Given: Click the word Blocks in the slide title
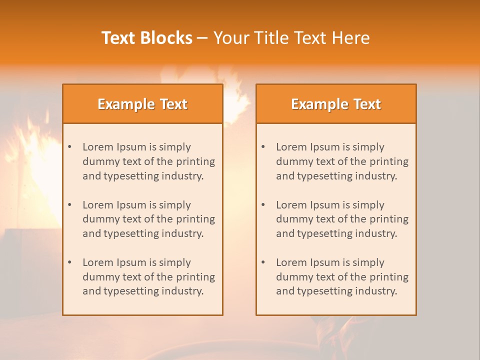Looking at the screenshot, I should (x=168, y=38).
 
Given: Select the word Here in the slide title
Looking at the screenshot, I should (x=352, y=38).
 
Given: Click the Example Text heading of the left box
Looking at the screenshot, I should (x=142, y=104).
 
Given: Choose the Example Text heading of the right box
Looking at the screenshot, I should (x=336, y=104).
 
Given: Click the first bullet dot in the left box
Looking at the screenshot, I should (x=70, y=147).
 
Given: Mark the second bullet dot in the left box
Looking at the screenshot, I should (x=70, y=205).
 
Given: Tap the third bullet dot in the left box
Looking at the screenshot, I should (x=70, y=262).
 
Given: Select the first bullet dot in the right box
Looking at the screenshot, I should (x=263, y=147).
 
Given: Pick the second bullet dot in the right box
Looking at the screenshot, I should (x=263, y=205).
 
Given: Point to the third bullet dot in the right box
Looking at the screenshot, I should (x=263, y=262).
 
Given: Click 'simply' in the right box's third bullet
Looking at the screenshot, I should (x=368, y=262).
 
